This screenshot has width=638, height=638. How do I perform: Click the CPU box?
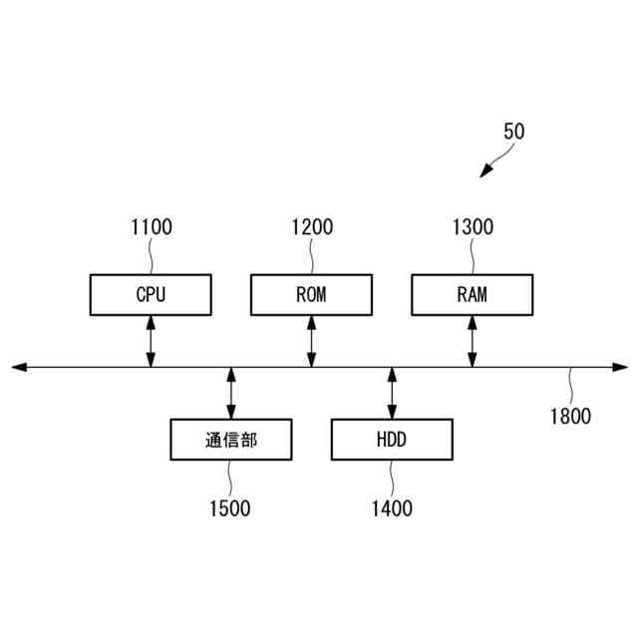point(151,295)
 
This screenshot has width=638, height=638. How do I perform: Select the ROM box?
point(311,295)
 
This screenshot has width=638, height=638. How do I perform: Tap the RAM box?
point(473,295)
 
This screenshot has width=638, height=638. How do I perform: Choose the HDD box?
point(392,440)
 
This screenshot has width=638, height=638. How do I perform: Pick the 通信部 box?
point(231,440)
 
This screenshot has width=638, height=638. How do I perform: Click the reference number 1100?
point(151,227)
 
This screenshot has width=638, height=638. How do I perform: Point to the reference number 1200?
point(311,227)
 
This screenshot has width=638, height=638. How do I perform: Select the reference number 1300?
point(473,227)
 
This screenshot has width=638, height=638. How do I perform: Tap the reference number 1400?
point(392,508)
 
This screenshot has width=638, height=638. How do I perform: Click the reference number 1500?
point(230,508)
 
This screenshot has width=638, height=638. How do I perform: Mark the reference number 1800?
point(570,417)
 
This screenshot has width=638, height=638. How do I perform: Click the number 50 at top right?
point(514,132)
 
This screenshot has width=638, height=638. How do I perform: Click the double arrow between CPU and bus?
point(151,342)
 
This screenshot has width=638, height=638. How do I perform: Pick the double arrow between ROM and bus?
point(311,342)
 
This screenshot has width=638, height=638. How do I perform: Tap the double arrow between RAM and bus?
point(473,342)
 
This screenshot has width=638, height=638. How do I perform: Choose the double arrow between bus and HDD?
point(392,393)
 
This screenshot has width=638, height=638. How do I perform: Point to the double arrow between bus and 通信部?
point(231,393)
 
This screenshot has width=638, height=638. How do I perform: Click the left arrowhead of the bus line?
point(18,368)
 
